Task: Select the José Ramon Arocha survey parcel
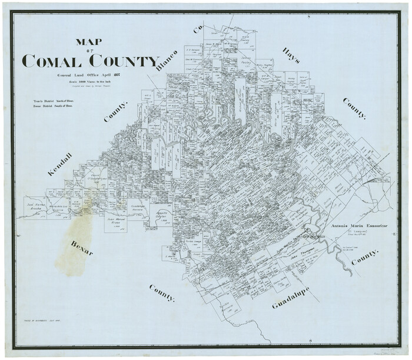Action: pos(36,206)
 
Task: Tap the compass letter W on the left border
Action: pos(18,235)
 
